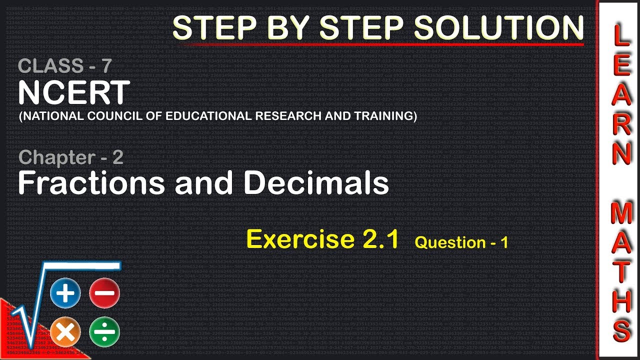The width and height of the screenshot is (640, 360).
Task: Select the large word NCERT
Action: click(74, 92)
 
